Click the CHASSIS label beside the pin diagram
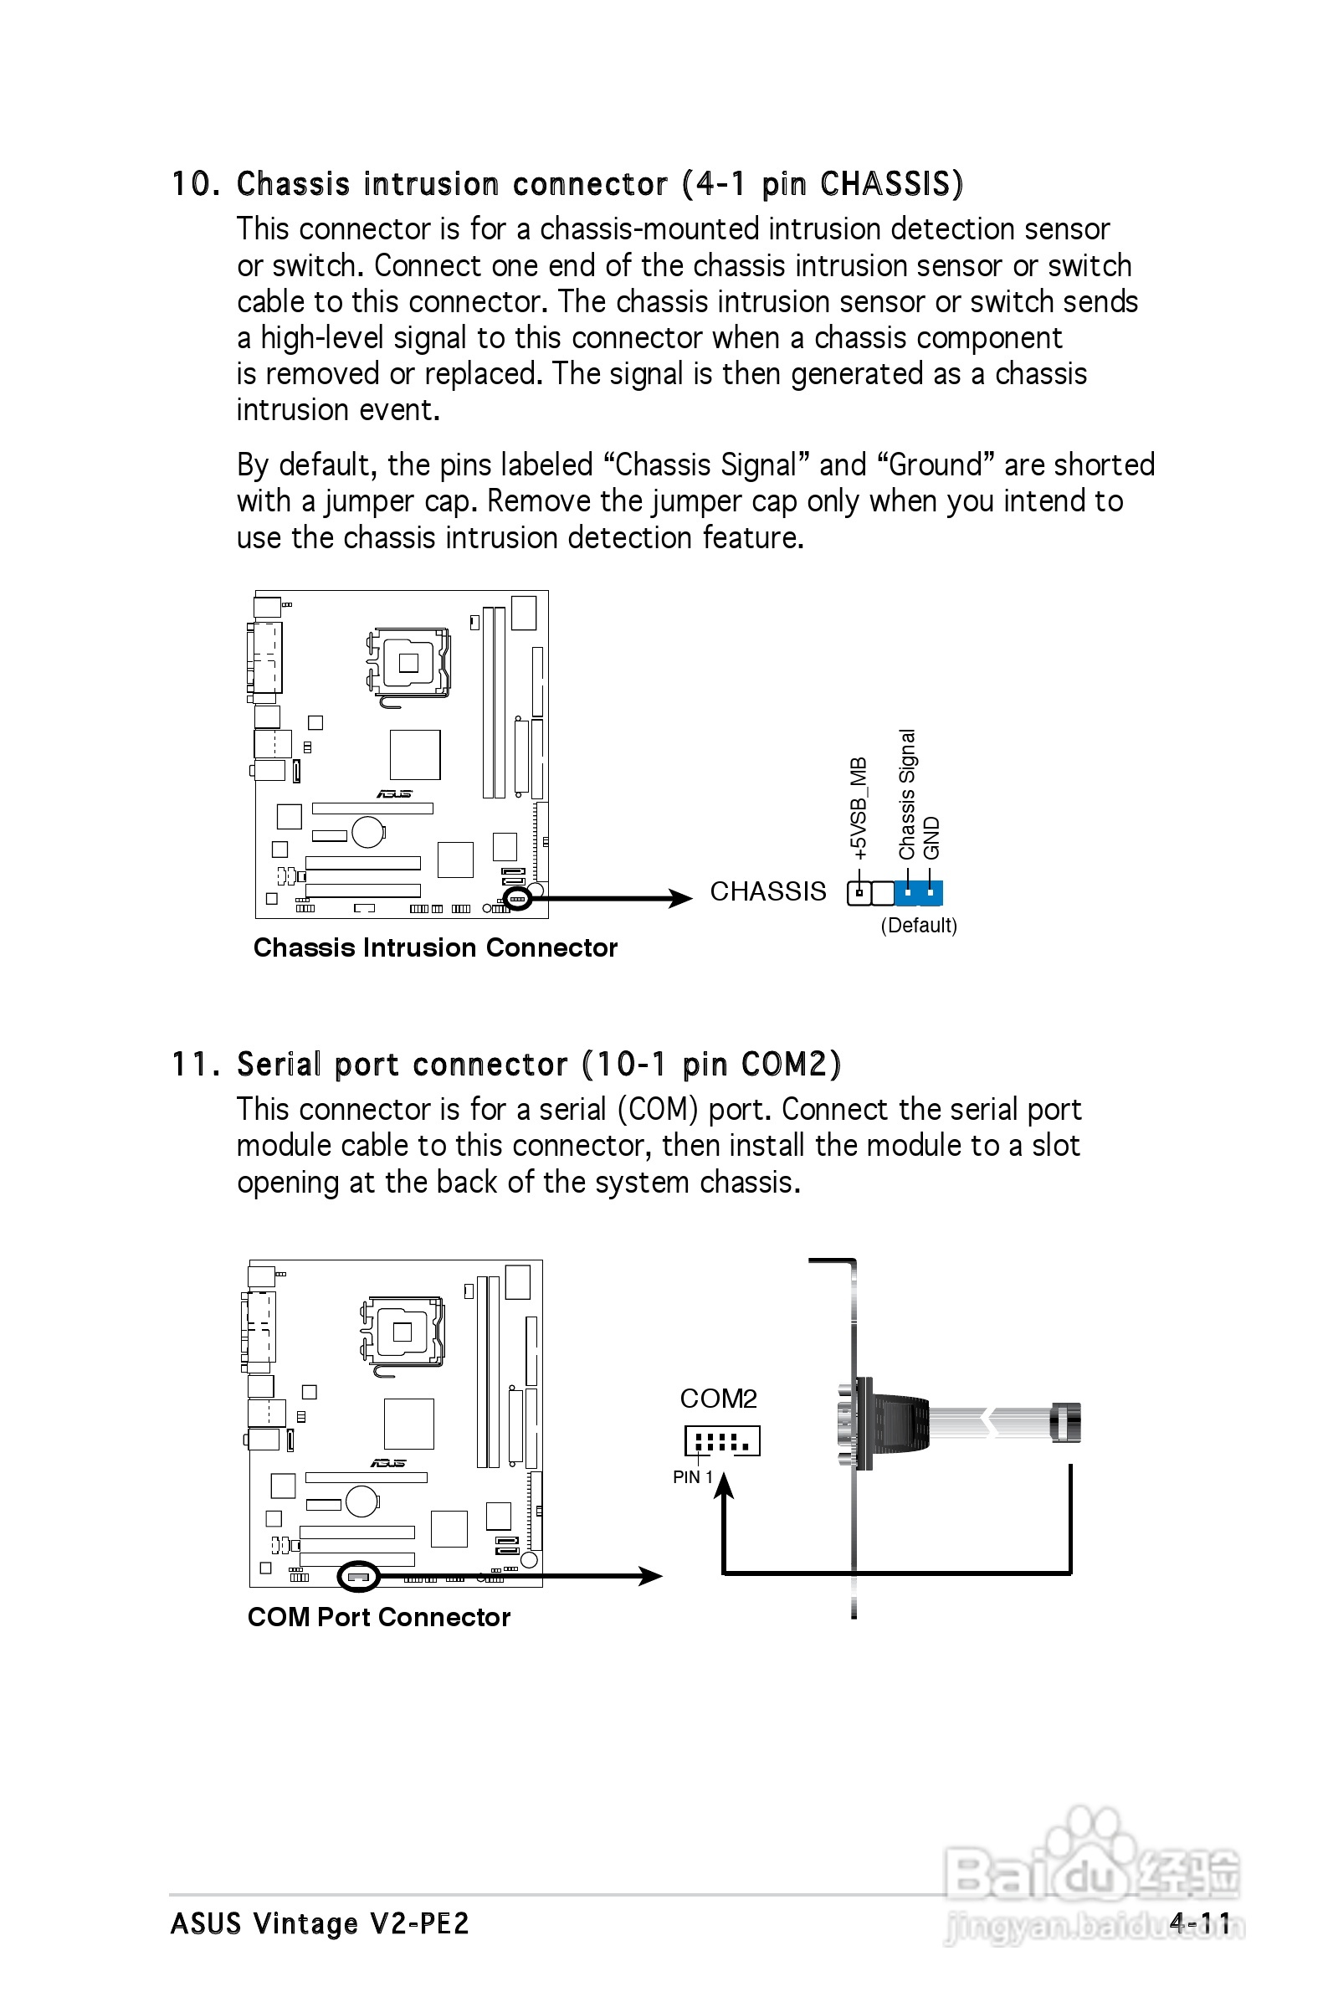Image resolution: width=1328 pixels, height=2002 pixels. point(767,891)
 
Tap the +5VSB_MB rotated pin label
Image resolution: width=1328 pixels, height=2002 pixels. point(859,808)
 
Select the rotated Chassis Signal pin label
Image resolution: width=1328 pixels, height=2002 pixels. point(907,793)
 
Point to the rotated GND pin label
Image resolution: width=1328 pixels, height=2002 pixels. point(931,838)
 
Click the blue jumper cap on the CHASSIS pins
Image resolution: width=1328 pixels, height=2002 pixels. point(919,892)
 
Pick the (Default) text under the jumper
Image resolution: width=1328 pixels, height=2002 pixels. point(919,926)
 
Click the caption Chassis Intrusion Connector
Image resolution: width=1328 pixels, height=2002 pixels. point(435,947)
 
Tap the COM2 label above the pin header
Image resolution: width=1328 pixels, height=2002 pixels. point(718,1399)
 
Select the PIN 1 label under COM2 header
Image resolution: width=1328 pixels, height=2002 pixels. point(692,1477)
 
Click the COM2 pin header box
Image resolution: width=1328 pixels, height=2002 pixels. point(722,1441)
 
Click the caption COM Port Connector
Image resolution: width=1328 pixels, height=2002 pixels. point(378,1617)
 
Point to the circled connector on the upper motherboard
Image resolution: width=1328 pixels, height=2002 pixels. point(516,898)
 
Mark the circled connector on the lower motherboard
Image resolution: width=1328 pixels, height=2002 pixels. point(358,1576)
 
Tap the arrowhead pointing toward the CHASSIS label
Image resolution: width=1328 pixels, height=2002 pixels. point(680,899)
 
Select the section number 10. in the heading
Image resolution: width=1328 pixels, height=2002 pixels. point(197,185)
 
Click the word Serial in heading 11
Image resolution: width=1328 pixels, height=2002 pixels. point(279,1065)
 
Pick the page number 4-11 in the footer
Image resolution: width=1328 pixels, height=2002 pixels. point(1199,1922)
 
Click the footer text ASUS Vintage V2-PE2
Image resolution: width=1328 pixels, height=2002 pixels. point(320,1923)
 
